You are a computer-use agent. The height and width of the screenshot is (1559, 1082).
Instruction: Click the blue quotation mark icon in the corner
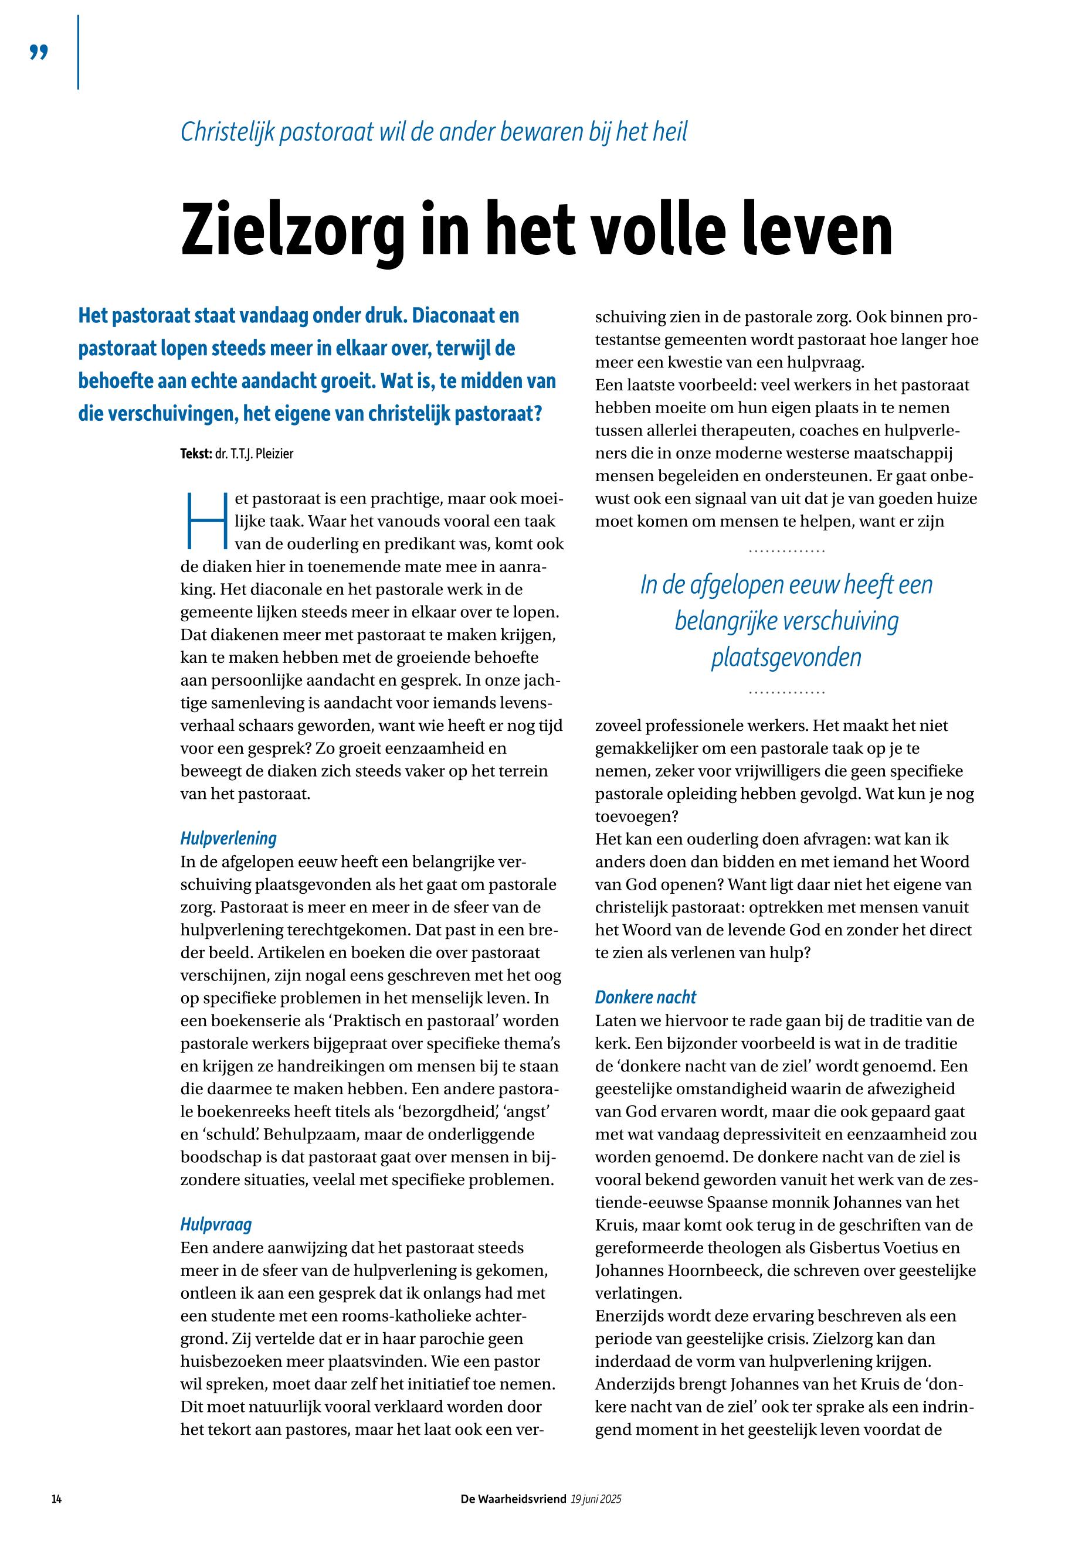(39, 53)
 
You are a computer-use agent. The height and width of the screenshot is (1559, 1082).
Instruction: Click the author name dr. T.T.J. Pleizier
(255, 454)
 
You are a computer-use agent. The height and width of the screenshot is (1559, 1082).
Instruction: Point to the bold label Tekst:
(196, 454)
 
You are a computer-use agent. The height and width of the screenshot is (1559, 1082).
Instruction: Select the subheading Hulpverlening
(229, 839)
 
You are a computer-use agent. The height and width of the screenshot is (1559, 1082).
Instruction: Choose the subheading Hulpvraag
(216, 1224)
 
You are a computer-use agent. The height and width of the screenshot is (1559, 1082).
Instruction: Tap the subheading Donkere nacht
(646, 998)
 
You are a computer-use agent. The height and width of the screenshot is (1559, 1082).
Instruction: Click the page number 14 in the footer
(57, 1499)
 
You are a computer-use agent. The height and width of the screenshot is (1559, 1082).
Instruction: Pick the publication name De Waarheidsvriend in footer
(513, 1499)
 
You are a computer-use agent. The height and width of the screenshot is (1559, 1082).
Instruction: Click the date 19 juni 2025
(596, 1499)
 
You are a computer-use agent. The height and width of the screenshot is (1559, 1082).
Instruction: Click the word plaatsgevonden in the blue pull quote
(786, 657)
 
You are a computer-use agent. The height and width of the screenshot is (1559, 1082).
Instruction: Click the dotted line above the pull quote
(786, 551)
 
